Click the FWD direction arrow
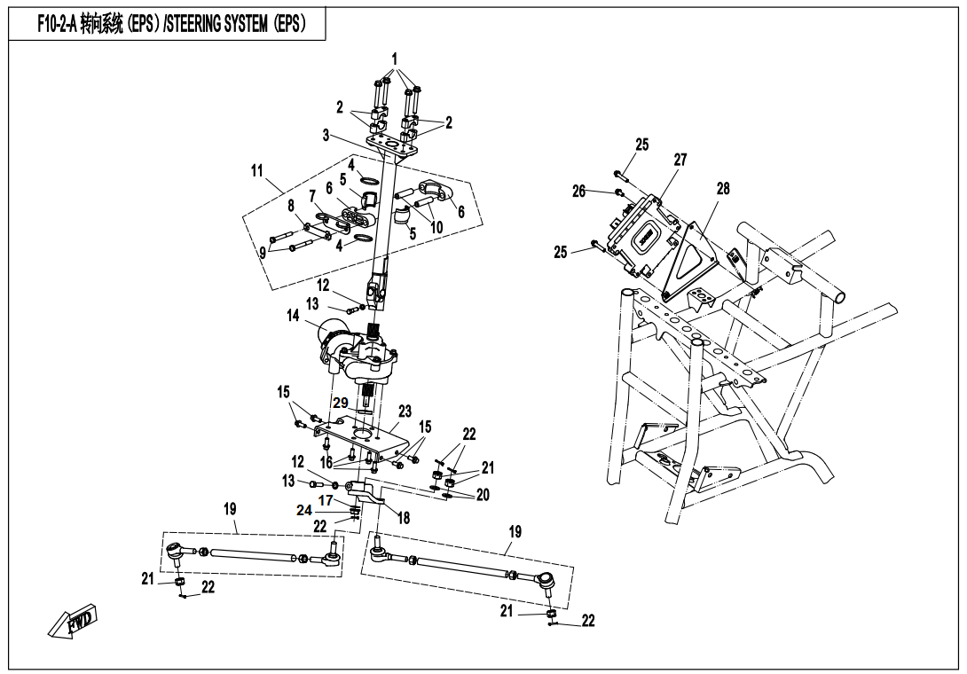[x=74, y=622]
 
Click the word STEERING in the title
[x=215, y=25]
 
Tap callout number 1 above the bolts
[x=395, y=59]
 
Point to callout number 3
[x=326, y=136]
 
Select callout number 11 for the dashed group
[x=257, y=170]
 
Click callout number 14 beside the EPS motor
[x=292, y=315]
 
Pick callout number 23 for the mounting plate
[x=405, y=411]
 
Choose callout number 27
[x=680, y=160]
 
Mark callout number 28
[x=723, y=188]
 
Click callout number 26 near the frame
[x=579, y=191]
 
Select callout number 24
[x=304, y=510]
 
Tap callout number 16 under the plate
[x=326, y=463]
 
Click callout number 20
[x=483, y=496]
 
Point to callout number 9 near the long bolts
[x=262, y=251]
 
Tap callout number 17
[x=326, y=500]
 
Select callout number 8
[x=290, y=206]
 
